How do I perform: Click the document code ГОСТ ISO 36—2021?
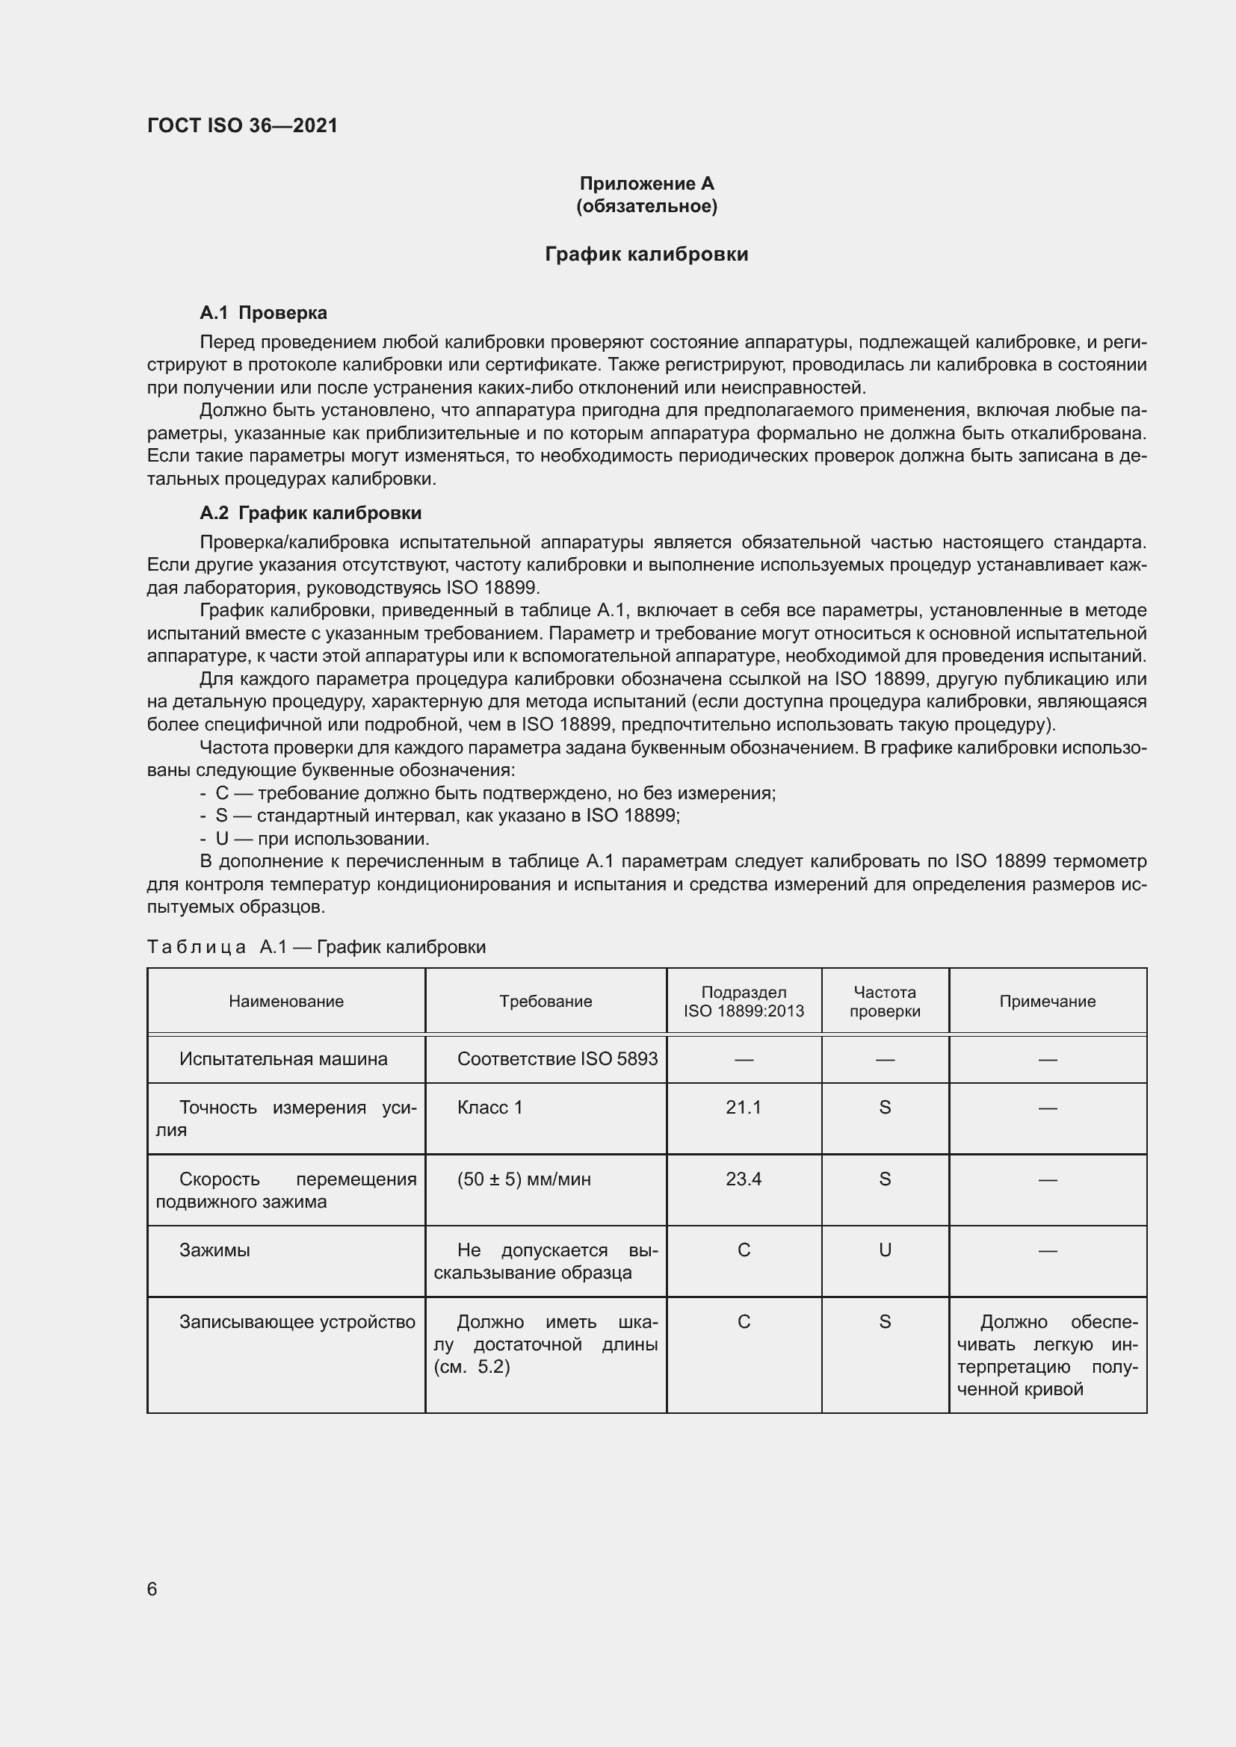tap(242, 125)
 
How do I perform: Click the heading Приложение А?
tap(646, 184)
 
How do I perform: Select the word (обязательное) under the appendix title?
tap(646, 206)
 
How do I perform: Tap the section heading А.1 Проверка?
tap(263, 313)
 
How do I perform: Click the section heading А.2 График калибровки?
tap(311, 513)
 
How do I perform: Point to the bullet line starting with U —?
tap(315, 839)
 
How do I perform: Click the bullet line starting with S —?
tap(440, 816)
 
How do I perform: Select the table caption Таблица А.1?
tap(316, 946)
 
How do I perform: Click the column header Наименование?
tap(286, 1002)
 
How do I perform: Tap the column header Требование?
tap(546, 1002)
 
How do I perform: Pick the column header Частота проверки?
tap(884, 1002)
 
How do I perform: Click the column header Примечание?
tap(1047, 1002)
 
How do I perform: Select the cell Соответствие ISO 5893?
tap(557, 1059)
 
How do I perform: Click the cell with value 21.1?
tap(744, 1107)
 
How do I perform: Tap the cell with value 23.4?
tap(744, 1179)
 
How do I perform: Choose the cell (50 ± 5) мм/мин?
tap(524, 1179)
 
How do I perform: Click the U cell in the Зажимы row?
tap(884, 1250)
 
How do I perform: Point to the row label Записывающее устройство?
tap(297, 1322)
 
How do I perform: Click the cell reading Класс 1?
tap(489, 1107)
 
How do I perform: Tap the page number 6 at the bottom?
tap(152, 1589)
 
